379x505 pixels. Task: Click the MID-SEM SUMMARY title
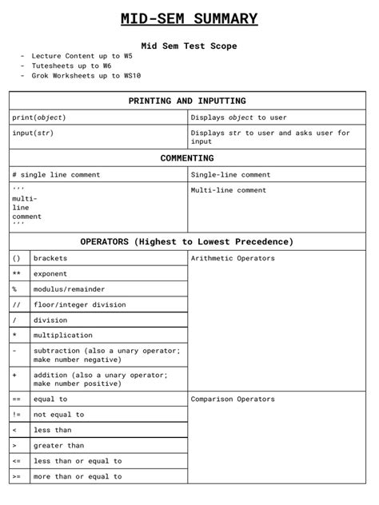point(189,18)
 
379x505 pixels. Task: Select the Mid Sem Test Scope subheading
point(189,46)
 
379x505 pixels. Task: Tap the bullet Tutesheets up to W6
point(71,66)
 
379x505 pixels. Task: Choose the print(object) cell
point(39,117)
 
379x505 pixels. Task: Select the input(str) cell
point(33,133)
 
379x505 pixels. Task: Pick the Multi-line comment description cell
point(229,190)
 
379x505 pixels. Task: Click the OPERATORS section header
point(187,241)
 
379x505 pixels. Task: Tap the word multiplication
point(62,335)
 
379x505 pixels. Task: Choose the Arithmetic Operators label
point(233,258)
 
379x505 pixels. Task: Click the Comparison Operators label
point(233,399)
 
